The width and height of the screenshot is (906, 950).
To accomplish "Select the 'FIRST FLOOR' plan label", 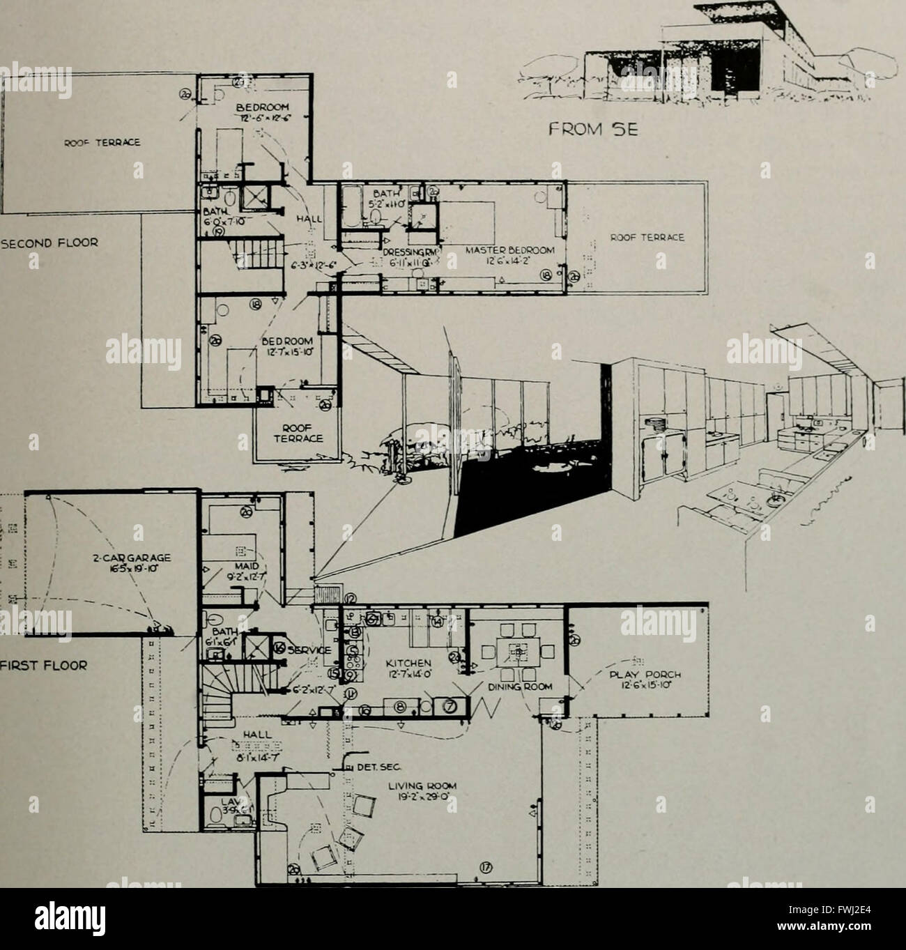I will point(42,665).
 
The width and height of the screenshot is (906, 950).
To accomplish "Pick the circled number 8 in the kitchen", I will point(400,707).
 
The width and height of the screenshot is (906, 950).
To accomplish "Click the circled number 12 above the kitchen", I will point(350,598).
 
